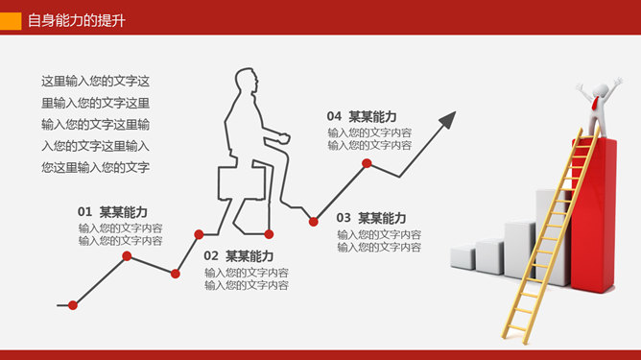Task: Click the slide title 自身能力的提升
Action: point(77,20)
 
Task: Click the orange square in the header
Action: point(11,21)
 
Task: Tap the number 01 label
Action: point(84,212)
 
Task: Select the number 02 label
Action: point(211,256)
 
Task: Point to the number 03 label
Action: point(344,218)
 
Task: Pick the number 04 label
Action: point(334,116)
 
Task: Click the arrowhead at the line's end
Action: point(448,119)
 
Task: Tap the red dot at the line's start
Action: point(73,305)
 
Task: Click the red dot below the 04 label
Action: point(367,163)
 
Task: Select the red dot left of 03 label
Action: point(314,222)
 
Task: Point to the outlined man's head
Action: point(247,82)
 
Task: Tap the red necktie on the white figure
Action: point(597,103)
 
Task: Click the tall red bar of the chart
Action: point(594,215)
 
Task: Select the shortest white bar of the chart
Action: point(463,256)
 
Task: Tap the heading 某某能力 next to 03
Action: point(382,218)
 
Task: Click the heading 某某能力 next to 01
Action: point(124,212)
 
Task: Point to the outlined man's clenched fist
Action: point(283,137)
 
